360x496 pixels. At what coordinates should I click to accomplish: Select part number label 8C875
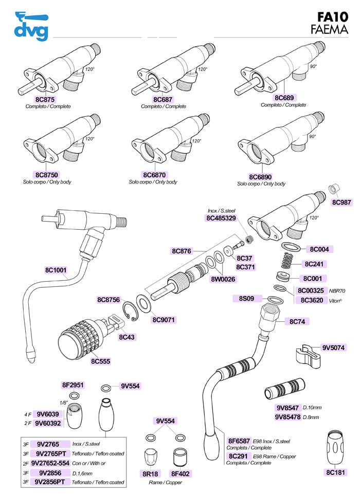(45, 99)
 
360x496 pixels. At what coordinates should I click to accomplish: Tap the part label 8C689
(283, 98)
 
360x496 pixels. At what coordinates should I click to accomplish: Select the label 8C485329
(221, 218)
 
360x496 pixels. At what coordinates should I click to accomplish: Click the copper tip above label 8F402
(180, 456)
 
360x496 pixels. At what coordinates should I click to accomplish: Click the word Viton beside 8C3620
(335, 300)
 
